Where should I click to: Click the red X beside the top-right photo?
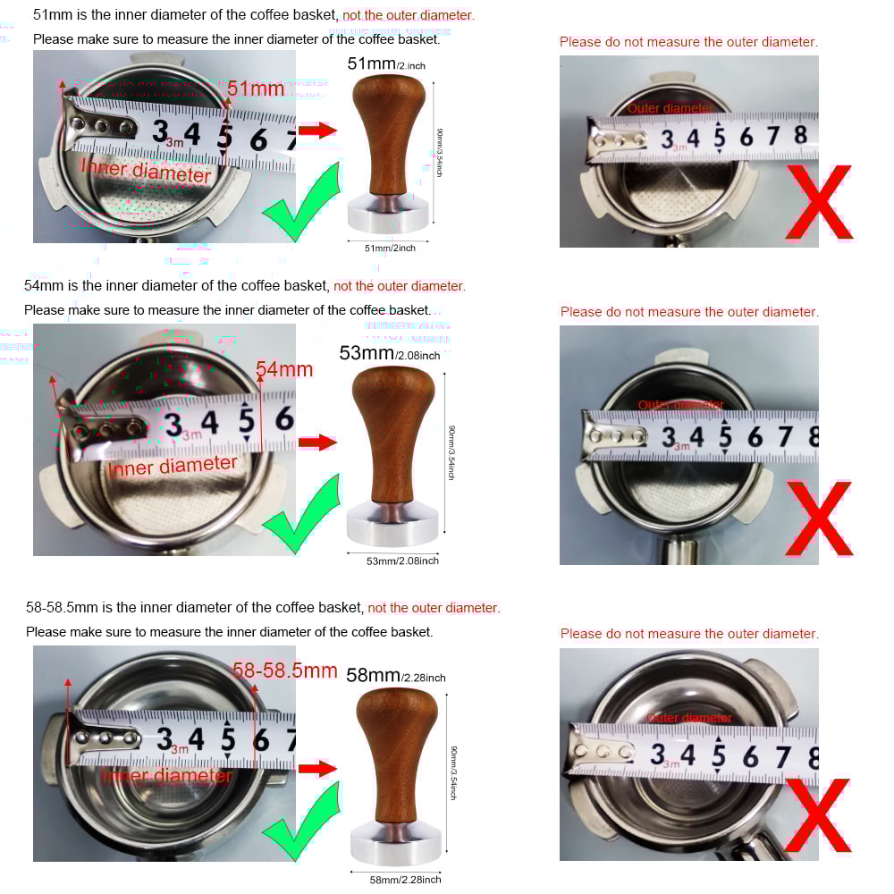click(818, 202)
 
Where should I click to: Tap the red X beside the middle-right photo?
click(818, 519)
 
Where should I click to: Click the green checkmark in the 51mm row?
click(302, 204)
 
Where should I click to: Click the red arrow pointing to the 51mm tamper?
click(317, 131)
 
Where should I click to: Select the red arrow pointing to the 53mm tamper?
click(317, 442)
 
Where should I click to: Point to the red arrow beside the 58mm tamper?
click(317, 768)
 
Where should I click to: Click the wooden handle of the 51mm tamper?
click(387, 125)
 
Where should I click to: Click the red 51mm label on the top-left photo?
click(256, 89)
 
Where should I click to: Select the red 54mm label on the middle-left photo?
click(284, 369)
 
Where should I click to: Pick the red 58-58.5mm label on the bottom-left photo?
click(285, 670)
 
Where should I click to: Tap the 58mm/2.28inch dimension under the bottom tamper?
click(405, 880)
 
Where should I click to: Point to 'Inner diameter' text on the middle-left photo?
click(172, 466)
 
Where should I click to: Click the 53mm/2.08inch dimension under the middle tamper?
click(402, 561)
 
